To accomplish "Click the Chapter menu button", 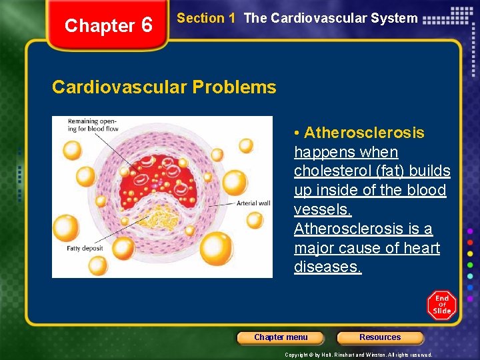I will (281, 337).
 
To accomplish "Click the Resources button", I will (380, 337).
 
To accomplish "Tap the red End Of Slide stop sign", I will (442, 305).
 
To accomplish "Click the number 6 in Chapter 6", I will (147, 25).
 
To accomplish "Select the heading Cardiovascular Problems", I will (164, 87).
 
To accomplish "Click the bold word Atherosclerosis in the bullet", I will (363, 133).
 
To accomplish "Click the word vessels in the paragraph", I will (321, 210).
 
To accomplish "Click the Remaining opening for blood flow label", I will (91, 125).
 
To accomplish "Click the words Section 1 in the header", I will (206, 19).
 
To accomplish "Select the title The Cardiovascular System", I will (331, 19).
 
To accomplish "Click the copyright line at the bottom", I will (358, 355).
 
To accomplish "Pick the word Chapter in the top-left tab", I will (99, 25).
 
